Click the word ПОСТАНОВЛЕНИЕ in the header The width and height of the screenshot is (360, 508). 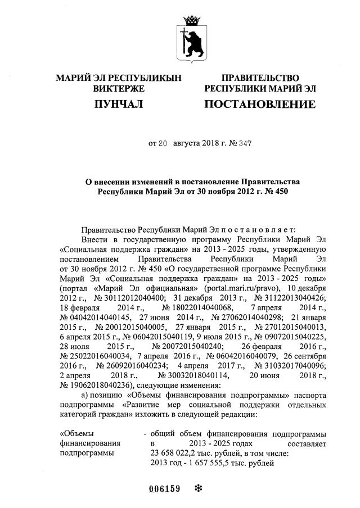(259, 105)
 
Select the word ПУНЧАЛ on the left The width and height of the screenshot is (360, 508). (119, 105)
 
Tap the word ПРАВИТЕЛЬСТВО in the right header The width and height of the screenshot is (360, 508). (260, 78)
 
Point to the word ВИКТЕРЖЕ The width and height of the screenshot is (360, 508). (119, 89)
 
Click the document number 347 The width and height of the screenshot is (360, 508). (244, 144)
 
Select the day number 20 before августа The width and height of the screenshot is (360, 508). (163, 144)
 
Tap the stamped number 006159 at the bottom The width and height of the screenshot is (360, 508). (164, 488)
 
